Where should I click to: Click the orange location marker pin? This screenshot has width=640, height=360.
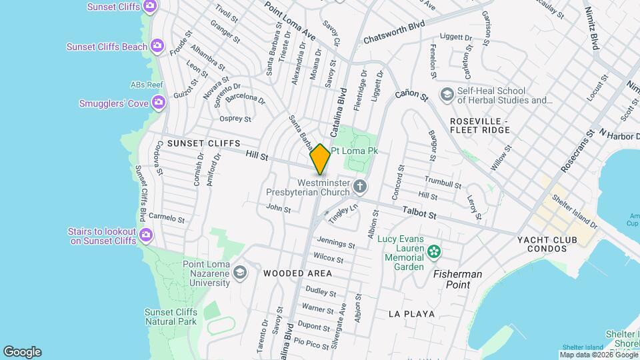coord(321,159)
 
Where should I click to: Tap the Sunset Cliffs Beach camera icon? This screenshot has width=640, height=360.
coord(157,46)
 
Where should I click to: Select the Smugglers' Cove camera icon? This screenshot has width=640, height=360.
coord(159,103)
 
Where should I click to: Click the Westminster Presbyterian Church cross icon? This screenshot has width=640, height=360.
coord(360,185)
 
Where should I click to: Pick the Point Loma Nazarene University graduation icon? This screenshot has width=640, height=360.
coord(239,273)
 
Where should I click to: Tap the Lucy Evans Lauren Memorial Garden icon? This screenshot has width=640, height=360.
coord(435,251)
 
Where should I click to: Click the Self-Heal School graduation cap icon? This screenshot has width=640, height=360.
coord(445,95)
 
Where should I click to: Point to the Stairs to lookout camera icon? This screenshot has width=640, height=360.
coord(146,235)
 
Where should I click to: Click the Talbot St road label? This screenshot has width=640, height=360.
coord(419,213)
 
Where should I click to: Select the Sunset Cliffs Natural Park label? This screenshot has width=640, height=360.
coord(171,317)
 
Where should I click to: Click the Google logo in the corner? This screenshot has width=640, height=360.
coord(22,352)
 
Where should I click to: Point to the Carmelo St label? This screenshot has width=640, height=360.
coord(166,217)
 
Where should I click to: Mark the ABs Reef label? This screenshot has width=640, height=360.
coord(147,85)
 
